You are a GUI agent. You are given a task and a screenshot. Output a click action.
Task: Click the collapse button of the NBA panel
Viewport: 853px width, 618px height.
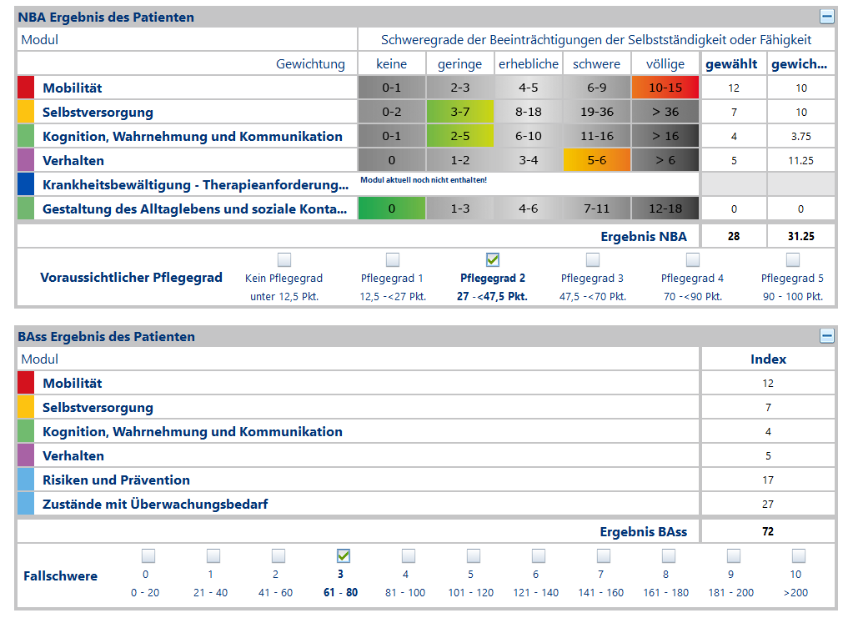tap(826, 17)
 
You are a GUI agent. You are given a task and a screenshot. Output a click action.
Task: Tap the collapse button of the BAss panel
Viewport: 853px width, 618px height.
tap(826, 336)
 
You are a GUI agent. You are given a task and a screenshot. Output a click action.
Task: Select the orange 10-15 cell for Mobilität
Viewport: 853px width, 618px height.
tap(665, 88)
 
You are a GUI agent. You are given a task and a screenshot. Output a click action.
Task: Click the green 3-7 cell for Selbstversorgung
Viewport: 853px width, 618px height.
tap(459, 112)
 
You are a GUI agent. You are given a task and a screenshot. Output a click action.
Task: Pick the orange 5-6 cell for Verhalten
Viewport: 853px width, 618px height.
tap(596, 160)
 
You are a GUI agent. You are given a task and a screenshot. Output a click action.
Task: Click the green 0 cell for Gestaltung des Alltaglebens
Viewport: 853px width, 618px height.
tap(392, 209)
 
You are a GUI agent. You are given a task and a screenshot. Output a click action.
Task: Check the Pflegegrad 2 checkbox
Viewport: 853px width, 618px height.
tap(493, 259)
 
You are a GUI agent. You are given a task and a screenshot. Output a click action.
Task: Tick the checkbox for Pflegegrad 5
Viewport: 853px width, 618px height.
tap(792, 259)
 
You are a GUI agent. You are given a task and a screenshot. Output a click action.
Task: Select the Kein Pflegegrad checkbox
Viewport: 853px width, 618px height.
tap(284, 259)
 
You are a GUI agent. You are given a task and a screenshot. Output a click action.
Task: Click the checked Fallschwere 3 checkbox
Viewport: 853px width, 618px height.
tap(343, 555)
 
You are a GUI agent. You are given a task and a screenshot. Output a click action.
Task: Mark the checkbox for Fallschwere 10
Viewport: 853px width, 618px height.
tap(798, 555)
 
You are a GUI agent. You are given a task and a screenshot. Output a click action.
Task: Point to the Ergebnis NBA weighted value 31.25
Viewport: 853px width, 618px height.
tap(800, 236)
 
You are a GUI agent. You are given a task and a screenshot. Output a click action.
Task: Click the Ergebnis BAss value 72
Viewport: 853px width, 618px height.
tap(768, 531)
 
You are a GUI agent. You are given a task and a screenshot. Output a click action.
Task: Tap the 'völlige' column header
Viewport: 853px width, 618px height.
tap(665, 63)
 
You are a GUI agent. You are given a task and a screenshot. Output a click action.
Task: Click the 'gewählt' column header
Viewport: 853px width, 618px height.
tap(731, 63)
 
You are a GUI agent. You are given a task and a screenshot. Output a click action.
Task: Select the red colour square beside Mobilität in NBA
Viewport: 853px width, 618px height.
tap(26, 88)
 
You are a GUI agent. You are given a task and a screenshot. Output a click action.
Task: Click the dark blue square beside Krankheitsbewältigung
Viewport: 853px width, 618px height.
tap(26, 184)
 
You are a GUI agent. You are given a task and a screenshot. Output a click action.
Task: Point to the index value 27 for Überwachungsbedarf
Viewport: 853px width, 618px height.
tap(768, 504)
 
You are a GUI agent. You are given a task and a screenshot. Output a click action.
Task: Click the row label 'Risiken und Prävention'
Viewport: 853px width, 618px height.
tap(116, 480)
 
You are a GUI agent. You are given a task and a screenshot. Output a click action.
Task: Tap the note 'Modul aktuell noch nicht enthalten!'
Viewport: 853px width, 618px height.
tap(424, 179)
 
